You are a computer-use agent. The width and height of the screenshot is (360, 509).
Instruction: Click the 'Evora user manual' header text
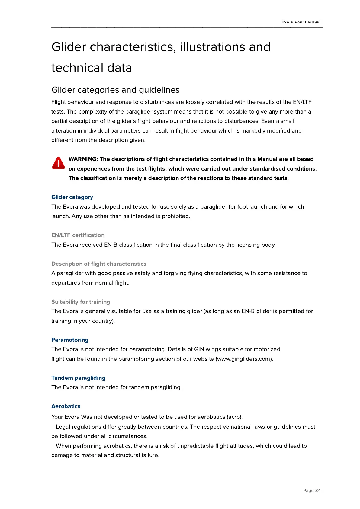301,21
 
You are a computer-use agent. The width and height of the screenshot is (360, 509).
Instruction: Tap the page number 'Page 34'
312,491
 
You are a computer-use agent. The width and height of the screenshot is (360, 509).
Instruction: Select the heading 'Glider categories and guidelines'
115,90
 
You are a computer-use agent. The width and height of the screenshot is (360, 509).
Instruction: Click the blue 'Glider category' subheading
72,197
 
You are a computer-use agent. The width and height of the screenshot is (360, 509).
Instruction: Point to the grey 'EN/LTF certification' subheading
78,235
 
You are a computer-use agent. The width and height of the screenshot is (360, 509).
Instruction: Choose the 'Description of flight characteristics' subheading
99,264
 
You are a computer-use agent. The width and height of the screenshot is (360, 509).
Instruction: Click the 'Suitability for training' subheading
81,302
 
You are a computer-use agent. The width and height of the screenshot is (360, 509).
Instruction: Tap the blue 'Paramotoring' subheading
70,340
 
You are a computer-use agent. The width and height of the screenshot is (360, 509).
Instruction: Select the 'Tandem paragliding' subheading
79,378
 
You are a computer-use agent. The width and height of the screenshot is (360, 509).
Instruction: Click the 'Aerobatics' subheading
66,406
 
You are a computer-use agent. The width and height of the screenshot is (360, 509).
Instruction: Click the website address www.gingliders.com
244,359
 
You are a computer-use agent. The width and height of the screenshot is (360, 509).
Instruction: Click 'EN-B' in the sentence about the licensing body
111,245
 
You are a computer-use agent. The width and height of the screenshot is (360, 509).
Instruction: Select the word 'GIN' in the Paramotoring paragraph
199,349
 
